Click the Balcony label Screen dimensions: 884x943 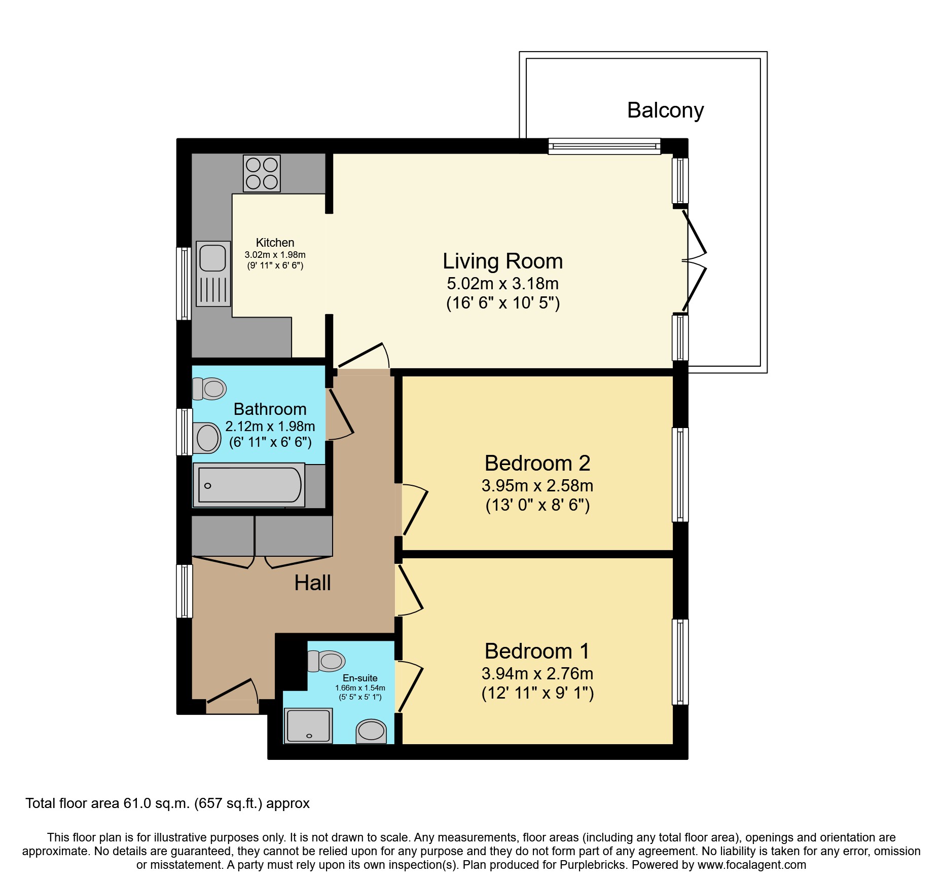[x=665, y=110]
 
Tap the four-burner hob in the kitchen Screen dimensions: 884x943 [x=262, y=174]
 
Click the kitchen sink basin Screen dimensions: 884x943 [x=212, y=258]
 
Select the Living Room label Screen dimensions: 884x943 [x=502, y=261]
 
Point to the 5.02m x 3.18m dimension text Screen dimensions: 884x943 [x=502, y=284]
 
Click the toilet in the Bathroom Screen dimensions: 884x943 [x=209, y=389]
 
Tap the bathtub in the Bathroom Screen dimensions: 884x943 [x=249, y=485]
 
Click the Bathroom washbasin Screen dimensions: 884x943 [x=207, y=438]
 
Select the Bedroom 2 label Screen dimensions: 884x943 [x=537, y=463]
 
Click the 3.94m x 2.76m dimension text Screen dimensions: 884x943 [x=537, y=674]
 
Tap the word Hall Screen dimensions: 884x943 [x=312, y=583]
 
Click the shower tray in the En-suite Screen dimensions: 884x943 [x=308, y=726]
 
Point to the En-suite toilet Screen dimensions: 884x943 [x=327, y=661]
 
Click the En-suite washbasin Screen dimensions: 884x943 [x=371, y=732]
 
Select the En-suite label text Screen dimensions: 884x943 [x=360, y=678]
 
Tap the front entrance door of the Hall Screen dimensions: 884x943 [x=232, y=691]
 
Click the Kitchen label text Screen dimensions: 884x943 [x=275, y=243]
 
